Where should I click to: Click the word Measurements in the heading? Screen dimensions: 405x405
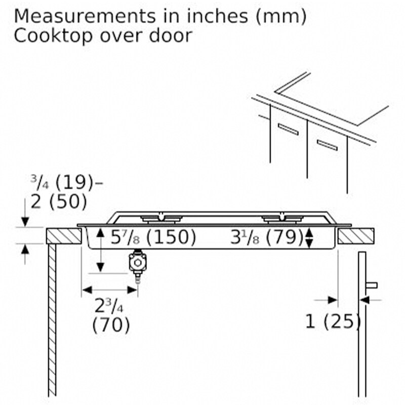pos(85,16)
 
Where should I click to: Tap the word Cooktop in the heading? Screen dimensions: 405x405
pos(53,35)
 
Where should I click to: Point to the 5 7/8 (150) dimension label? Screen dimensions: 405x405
pos(153,237)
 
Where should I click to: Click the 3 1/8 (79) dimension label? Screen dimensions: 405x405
pos(267,237)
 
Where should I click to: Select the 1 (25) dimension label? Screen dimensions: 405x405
pos(333,321)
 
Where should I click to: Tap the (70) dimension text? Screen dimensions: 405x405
pos(111,325)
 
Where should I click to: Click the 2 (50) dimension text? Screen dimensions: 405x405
pos(59,201)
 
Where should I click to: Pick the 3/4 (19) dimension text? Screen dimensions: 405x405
pos(62,182)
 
